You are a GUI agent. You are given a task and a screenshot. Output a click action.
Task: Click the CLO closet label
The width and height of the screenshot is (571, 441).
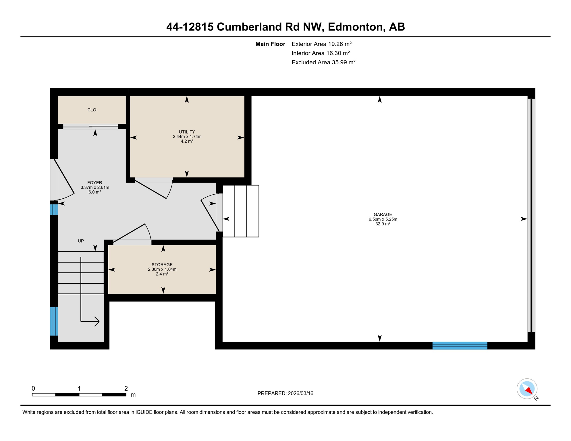[92, 110]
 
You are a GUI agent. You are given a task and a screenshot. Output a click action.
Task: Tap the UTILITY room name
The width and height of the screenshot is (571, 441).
[187, 132]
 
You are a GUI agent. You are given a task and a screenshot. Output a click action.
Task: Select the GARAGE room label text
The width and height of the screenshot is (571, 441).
[383, 214]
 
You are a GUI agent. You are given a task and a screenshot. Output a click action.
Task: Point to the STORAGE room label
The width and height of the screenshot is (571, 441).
[162, 264]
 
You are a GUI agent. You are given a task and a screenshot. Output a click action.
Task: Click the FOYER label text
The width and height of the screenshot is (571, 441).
[94, 183]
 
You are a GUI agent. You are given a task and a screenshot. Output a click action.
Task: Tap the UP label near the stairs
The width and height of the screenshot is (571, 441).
[81, 241]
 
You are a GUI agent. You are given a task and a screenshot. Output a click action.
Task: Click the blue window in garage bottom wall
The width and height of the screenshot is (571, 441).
[460, 345]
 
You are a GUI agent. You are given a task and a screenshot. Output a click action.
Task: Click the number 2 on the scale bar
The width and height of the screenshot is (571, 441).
[126, 388]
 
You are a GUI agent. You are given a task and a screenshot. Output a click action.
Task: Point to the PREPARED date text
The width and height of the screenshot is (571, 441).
[285, 393]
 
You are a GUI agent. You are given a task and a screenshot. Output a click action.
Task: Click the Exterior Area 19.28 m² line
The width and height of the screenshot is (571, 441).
[321, 44]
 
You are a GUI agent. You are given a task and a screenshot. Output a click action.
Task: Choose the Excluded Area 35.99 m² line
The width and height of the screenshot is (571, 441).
[323, 62]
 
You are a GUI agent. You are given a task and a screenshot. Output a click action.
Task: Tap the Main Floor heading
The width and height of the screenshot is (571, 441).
[270, 44]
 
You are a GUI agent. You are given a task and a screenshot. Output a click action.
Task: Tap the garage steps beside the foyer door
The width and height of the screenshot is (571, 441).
[241, 211]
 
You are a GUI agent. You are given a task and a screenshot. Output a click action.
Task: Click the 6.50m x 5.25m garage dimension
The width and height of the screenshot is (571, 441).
[383, 219]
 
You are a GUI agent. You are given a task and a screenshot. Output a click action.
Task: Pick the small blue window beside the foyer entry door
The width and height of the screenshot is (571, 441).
[54, 210]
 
